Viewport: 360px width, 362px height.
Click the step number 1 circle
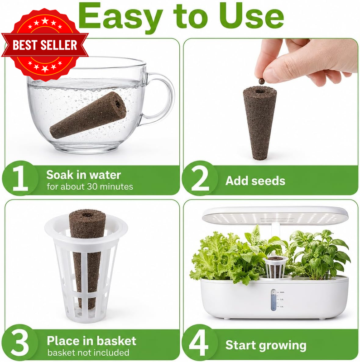(20, 178)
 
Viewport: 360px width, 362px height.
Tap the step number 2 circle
(200, 178)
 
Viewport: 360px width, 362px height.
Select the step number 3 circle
(20, 343)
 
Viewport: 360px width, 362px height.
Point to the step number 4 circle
(200, 343)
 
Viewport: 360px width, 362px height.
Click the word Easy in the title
(120, 17)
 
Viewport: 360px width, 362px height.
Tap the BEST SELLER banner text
(45, 45)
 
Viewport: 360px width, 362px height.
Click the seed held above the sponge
(261, 81)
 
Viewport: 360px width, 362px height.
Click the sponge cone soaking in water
(88, 115)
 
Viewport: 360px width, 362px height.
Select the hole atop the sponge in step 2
(260, 91)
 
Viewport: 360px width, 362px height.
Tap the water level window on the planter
(274, 299)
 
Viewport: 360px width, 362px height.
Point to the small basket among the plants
(275, 267)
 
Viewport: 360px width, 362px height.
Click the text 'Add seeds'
(255, 181)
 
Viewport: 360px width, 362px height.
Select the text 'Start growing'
(266, 346)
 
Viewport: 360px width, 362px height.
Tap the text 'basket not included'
(88, 352)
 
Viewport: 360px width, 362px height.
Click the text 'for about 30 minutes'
(90, 186)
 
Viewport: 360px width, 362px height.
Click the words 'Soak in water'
(84, 175)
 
